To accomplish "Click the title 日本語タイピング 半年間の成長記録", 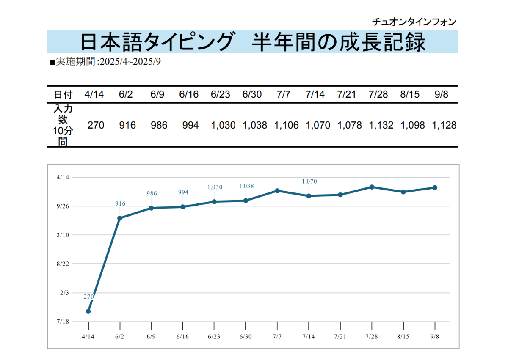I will (x=252, y=42).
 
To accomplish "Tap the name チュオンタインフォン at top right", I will (x=414, y=22).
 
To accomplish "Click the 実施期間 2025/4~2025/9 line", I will (x=105, y=62).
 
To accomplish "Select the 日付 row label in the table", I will (x=63, y=94).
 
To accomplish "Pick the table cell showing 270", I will (x=96, y=125).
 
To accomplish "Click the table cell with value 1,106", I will (x=286, y=125).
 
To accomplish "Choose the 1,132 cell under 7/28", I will (x=381, y=125).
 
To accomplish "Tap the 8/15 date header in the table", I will (x=410, y=94).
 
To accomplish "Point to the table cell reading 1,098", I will (x=412, y=125).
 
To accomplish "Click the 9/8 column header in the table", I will (x=441, y=94).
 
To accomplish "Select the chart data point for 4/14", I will (x=88, y=311).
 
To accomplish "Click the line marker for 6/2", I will (x=120, y=218).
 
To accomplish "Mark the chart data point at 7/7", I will (x=277, y=191).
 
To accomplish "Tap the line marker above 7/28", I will (x=372, y=187).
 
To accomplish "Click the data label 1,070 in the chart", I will (x=309, y=181).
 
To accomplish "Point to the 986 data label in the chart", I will (x=152, y=194).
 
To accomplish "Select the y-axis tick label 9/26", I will (x=63, y=206).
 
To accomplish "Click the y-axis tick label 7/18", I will (x=63, y=322).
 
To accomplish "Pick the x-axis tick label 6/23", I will (x=214, y=337).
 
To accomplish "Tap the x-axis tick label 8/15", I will (x=403, y=337).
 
